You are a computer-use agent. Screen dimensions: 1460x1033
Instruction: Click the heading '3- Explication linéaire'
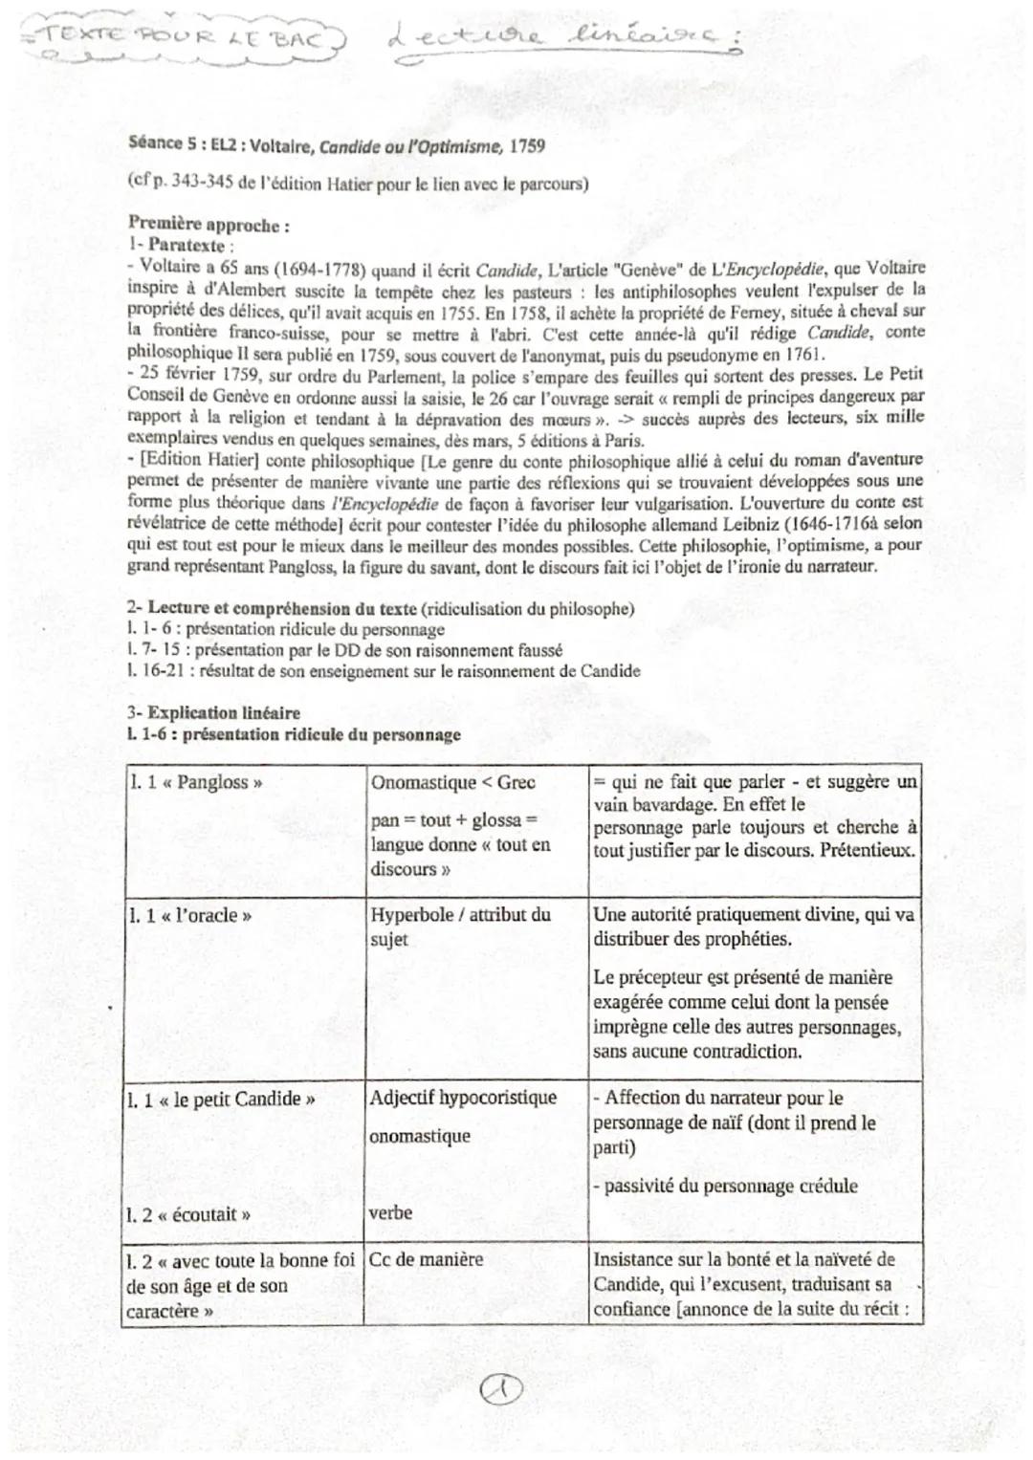coord(213,712)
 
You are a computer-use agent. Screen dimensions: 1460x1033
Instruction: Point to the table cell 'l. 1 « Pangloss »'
coord(195,782)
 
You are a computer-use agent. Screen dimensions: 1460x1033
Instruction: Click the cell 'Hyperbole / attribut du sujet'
coord(460,926)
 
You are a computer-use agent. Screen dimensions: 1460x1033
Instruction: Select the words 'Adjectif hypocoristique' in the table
coord(463,1098)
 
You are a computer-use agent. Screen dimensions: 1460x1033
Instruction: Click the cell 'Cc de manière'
coord(427,1260)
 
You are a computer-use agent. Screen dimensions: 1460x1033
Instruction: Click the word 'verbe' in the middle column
coord(390,1212)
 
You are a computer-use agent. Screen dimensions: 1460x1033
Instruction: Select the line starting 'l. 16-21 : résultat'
coord(383,671)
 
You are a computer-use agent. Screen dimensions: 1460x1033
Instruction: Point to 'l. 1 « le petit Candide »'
coord(221,1099)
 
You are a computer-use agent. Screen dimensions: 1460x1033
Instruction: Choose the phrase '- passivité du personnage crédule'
coord(725,1186)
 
